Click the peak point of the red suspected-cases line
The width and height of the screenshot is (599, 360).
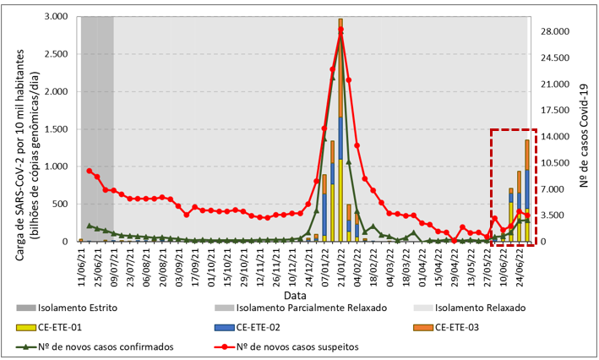click(x=340, y=30)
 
